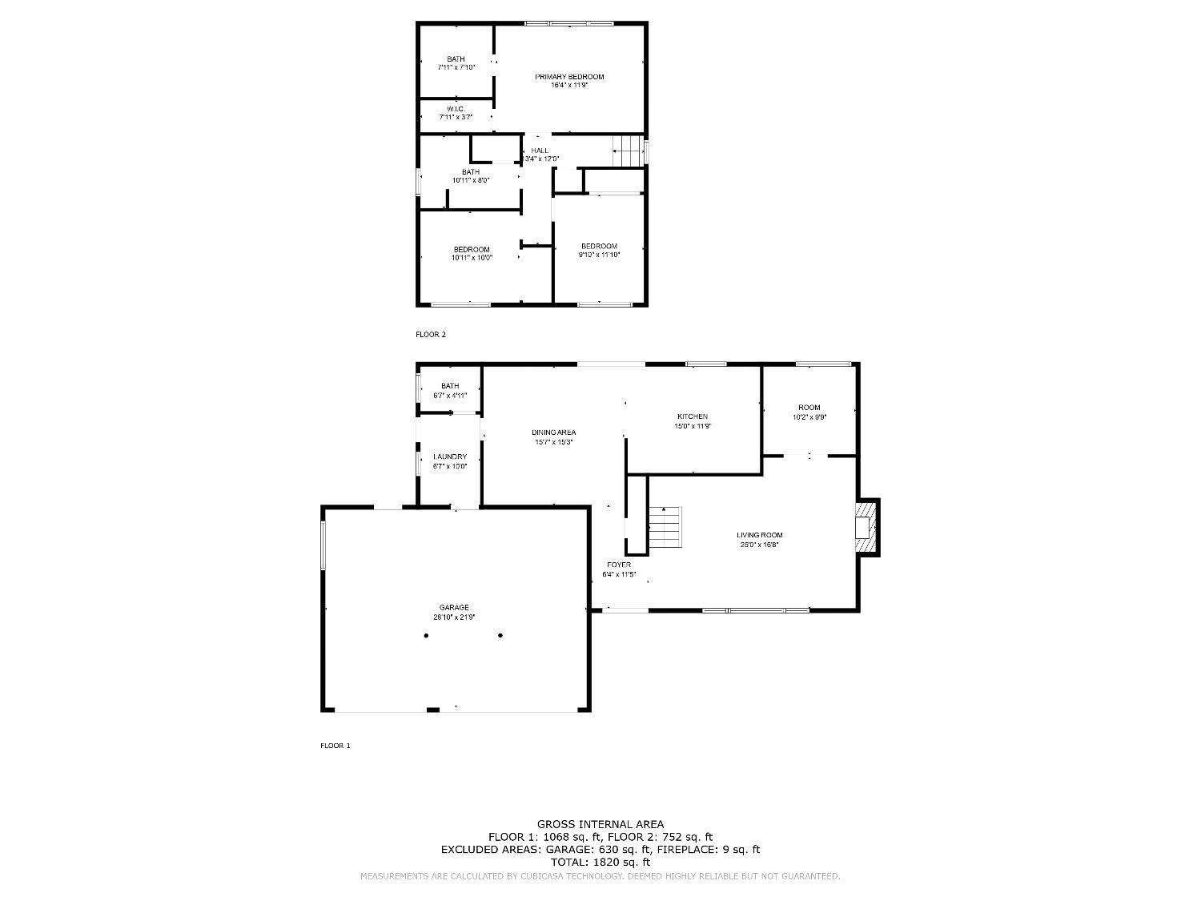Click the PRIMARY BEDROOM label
pos(569,77)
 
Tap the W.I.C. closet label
pos(456,109)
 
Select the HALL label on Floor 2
pos(540,151)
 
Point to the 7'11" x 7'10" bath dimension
pos(456,68)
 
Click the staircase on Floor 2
pos(629,151)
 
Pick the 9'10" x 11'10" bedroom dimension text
pos(600,255)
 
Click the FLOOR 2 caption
pos(431,335)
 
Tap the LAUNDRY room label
pos(450,457)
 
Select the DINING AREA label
pos(554,432)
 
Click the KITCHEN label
pos(693,416)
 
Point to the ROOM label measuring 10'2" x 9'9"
pos(809,408)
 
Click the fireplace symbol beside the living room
pos(866,527)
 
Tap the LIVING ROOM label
pos(760,535)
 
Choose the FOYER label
pos(619,565)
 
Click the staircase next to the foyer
pos(665,529)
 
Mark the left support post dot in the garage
pos(426,636)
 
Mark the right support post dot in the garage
pos(500,636)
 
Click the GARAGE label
pos(454,607)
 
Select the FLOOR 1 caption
pos(335,746)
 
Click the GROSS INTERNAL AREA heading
pos(600,824)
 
